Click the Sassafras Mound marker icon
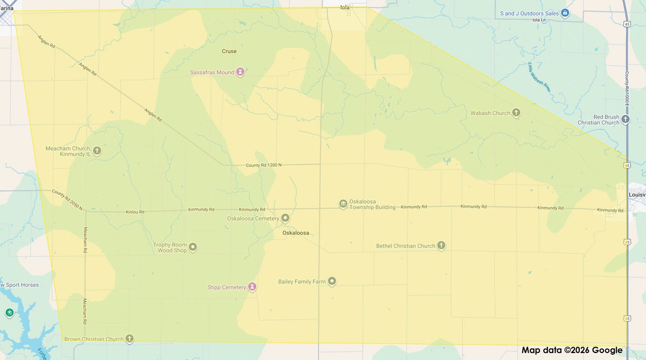(241, 72)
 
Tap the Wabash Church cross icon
(516, 113)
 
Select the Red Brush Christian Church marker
(625, 119)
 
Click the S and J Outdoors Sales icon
(565, 13)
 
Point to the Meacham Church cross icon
(97, 151)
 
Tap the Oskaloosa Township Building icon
(343, 203)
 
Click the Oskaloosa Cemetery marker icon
(285, 218)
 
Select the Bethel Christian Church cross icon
(441, 246)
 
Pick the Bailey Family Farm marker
(332, 281)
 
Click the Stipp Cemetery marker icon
(251, 287)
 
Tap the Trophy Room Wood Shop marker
(192, 247)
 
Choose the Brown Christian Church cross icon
(129, 339)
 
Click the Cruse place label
(229, 52)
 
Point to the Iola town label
(345, 8)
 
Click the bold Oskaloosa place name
(296, 233)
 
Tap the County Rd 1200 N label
(263, 165)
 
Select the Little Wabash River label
(539, 77)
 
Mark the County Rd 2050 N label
(67, 200)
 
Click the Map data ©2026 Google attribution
(572, 350)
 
